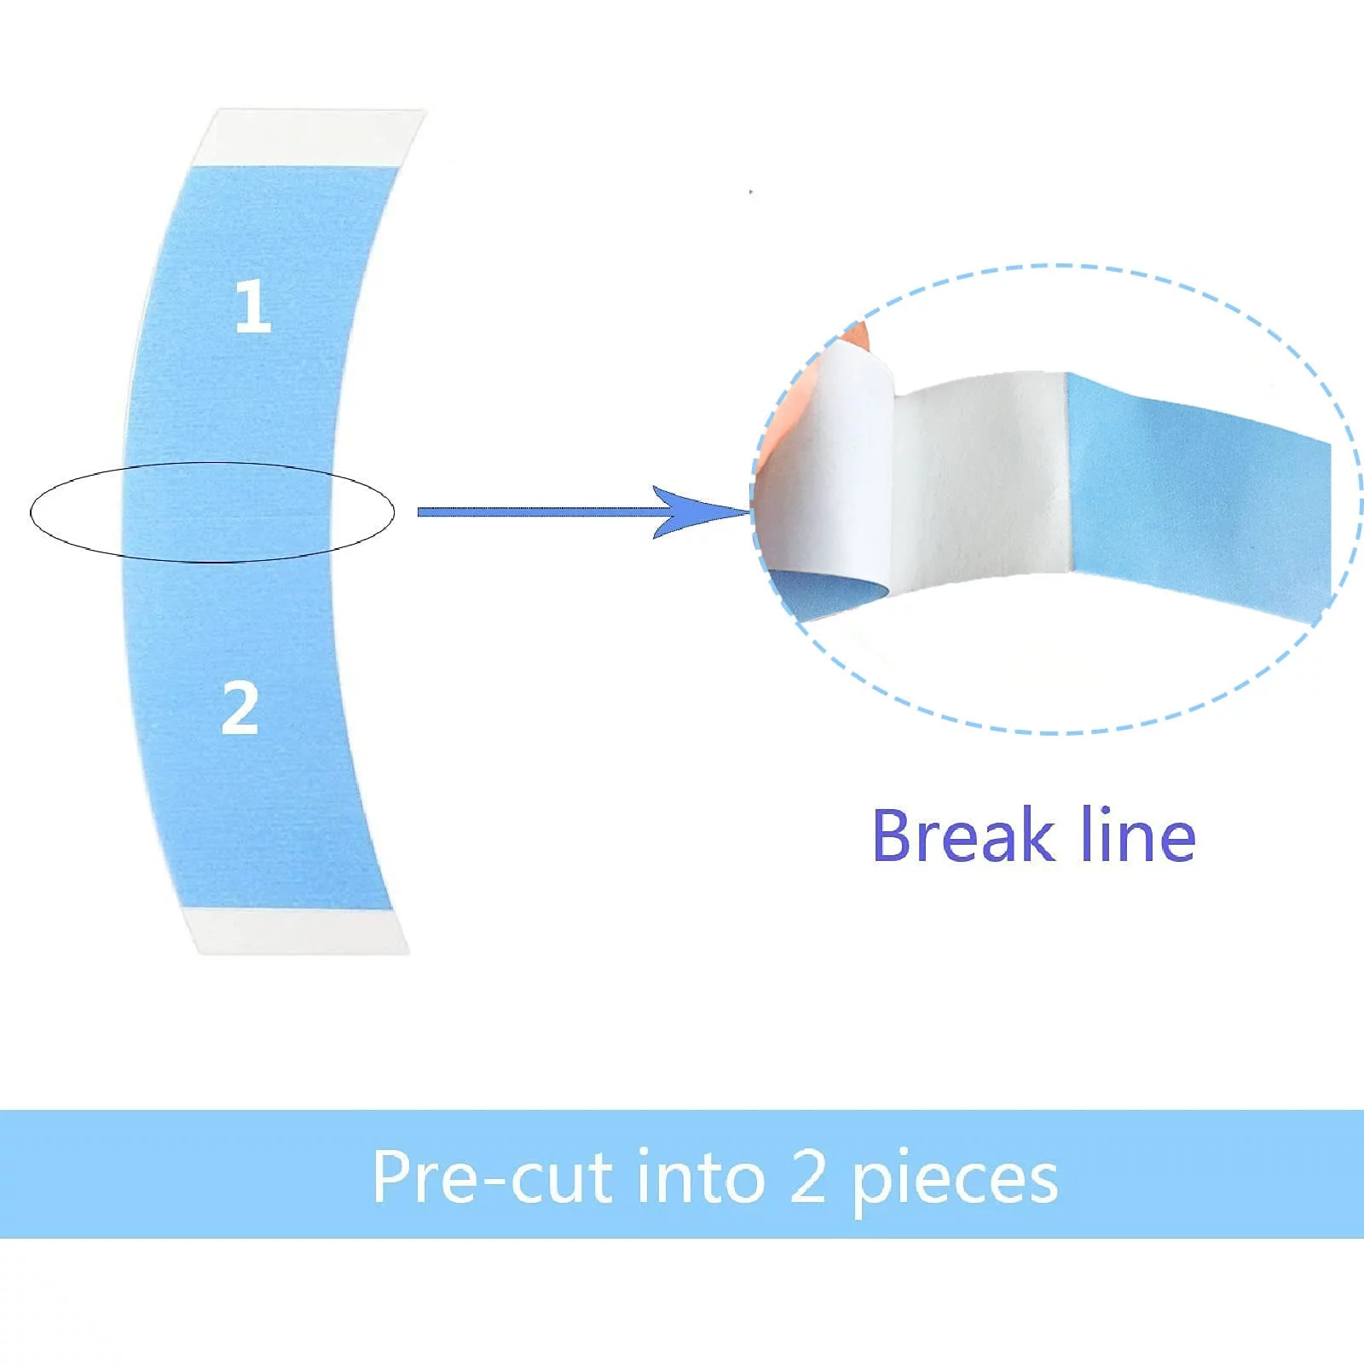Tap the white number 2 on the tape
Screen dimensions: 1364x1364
[x=240, y=708]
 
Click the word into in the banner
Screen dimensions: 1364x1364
[x=700, y=1177]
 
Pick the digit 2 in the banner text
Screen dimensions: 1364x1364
[x=807, y=1177]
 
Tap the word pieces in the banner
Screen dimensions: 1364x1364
[x=955, y=1181]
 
